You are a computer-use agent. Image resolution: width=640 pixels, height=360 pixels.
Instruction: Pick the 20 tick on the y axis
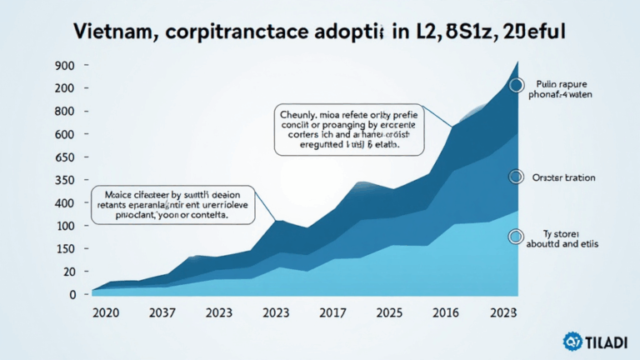[67, 272]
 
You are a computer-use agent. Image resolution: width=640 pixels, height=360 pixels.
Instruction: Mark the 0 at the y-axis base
[72, 294]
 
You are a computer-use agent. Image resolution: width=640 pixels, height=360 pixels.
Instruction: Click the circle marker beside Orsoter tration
[516, 177]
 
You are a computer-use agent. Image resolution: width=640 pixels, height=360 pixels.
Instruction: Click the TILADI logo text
[603, 342]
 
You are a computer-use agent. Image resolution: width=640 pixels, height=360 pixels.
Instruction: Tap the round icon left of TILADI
[571, 341]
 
